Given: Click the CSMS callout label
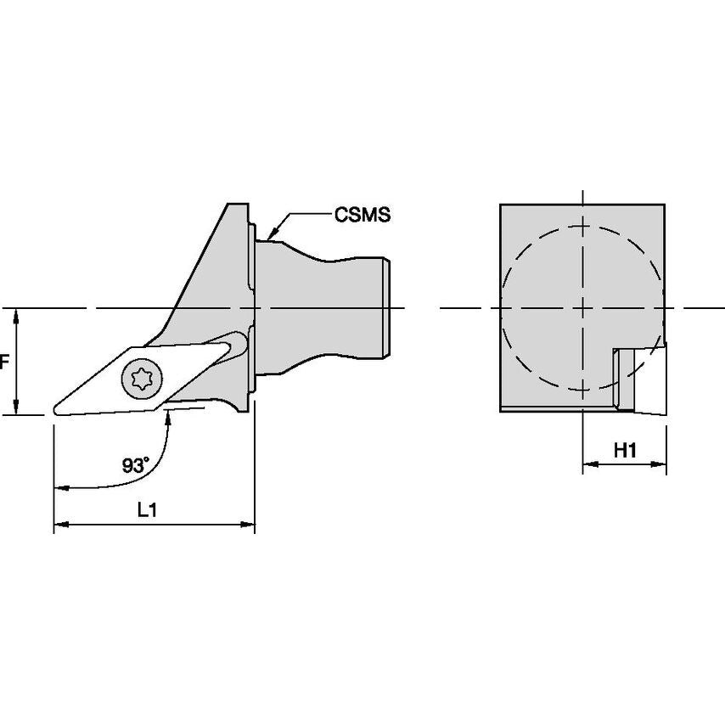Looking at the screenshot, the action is click(x=362, y=215).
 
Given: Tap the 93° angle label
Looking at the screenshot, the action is click(x=136, y=465).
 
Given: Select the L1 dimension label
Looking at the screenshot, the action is click(x=148, y=510).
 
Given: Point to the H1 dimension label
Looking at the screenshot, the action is click(x=625, y=450).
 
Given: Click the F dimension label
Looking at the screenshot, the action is click(x=3, y=362).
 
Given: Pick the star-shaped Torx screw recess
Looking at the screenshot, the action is click(x=142, y=379).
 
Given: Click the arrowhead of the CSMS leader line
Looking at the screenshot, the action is click(x=273, y=233).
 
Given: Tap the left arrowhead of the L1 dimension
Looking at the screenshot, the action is click(x=61, y=525).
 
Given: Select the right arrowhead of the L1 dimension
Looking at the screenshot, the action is click(x=247, y=525).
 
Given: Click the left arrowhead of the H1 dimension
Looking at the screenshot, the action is click(x=590, y=464).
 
